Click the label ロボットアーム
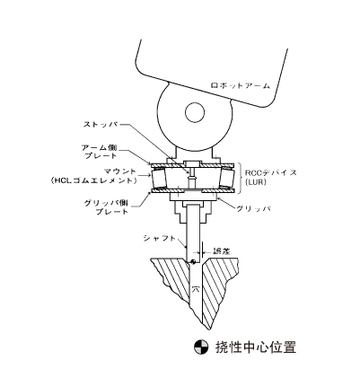241,86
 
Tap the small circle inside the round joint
195,113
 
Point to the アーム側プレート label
100,152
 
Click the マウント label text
120,171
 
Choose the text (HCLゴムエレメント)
93,180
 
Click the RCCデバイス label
271,172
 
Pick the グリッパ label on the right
253,209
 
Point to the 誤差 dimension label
222,251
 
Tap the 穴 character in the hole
196,290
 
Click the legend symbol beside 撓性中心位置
201,347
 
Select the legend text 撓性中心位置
256,347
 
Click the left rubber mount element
159,179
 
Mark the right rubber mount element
227,179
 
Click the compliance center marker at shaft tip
193,261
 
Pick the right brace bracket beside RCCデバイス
241,179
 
